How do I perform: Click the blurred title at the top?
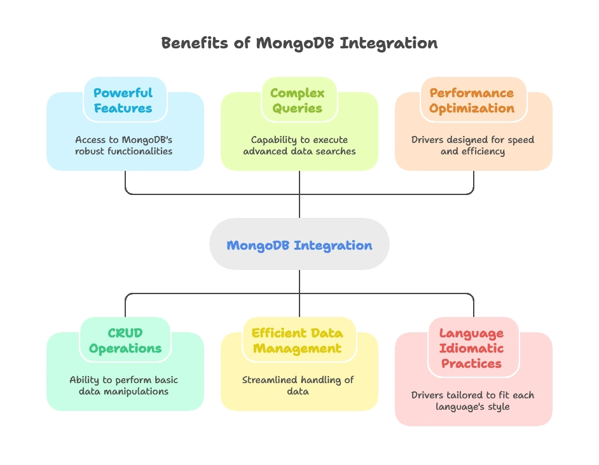click(x=299, y=44)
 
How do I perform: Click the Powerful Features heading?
click(x=123, y=100)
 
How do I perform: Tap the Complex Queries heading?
click(x=298, y=100)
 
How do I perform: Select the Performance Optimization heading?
click(x=472, y=100)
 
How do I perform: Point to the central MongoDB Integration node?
click(x=299, y=245)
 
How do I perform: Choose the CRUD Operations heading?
click(x=125, y=340)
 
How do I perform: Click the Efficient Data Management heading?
click(x=298, y=340)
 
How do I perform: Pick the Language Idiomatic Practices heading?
click(x=472, y=348)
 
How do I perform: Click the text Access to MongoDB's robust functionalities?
click(x=123, y=145)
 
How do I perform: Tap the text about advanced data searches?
click(x=299, y=145)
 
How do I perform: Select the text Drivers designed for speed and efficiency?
click(x=472, y=145)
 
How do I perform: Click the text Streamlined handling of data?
click(x=298, y=386)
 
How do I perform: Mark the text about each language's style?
click(x=472, y=401)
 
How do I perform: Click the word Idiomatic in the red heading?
click(x=472, y=348)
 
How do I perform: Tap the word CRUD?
click(x=125, y=333)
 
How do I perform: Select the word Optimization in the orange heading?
click(x=472, y=108)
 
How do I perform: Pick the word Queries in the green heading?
click(x=298, y=108)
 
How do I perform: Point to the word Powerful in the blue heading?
click(x=123, y=93)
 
